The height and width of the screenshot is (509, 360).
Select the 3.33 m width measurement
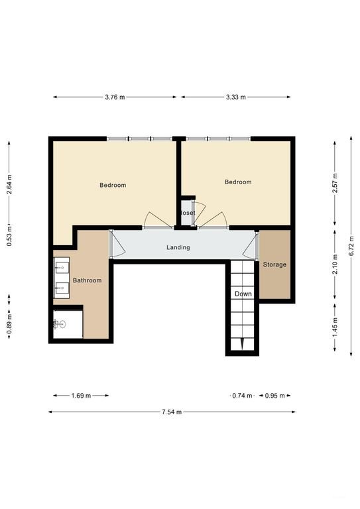point(235,97)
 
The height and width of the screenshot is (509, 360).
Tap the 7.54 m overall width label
point(170,412)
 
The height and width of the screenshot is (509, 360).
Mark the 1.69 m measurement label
point(81,396)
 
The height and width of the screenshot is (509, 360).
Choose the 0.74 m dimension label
point(242,396)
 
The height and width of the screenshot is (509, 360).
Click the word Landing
point(178,247)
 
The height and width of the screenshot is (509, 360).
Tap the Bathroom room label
point(88,280)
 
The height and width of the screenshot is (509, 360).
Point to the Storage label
point(274,264)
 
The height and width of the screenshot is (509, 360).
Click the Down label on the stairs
point(243,294)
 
